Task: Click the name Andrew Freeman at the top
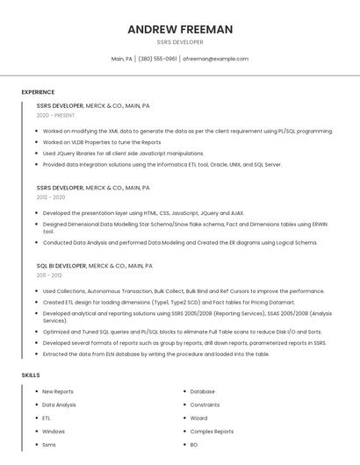point(180,29)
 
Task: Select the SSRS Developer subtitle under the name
point(180,42)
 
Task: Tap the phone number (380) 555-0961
point(157,59)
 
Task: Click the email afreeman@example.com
point(215,59)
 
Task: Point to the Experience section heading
point(38,92)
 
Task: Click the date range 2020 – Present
point(56,115)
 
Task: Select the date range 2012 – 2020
point(51,197)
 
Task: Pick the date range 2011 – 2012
point(49,275)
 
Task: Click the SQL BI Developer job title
point(61,265)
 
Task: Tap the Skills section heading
point(31,376)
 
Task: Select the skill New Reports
point(58,391)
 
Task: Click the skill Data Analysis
point(59,404)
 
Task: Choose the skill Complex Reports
point(212,432)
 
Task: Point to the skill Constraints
point(205,404)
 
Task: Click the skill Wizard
point(198,418)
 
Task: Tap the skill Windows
point(54,432)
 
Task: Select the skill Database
point(202,391)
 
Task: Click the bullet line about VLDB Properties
point(102,142)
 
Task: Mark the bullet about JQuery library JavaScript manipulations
point(123,153)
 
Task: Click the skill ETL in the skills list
point(47,418)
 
